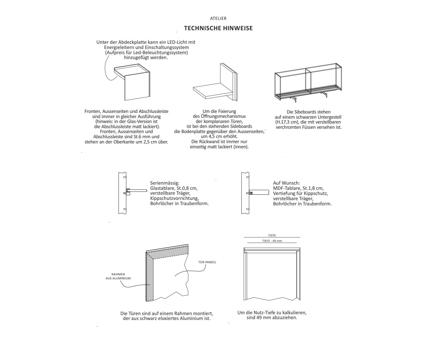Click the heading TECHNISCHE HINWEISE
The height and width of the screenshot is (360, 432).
[x=218, y=28]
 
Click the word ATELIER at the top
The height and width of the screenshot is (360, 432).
[x=218, y=18]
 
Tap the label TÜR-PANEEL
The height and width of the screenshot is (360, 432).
[x=207, y=262]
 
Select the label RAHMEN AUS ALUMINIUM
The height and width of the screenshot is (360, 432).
[x=118, y=276]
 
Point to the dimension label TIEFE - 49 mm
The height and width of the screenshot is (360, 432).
[x=272, y=241]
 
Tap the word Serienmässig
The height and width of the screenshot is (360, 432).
[x=164, y=183]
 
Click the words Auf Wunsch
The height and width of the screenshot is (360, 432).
[x=286, y=183]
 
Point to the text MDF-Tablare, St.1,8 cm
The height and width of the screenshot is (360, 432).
[x=298, y=188]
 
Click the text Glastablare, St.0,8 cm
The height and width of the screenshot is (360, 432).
[x=174, y=188]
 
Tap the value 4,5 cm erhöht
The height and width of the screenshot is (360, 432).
[x=219, y=137]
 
